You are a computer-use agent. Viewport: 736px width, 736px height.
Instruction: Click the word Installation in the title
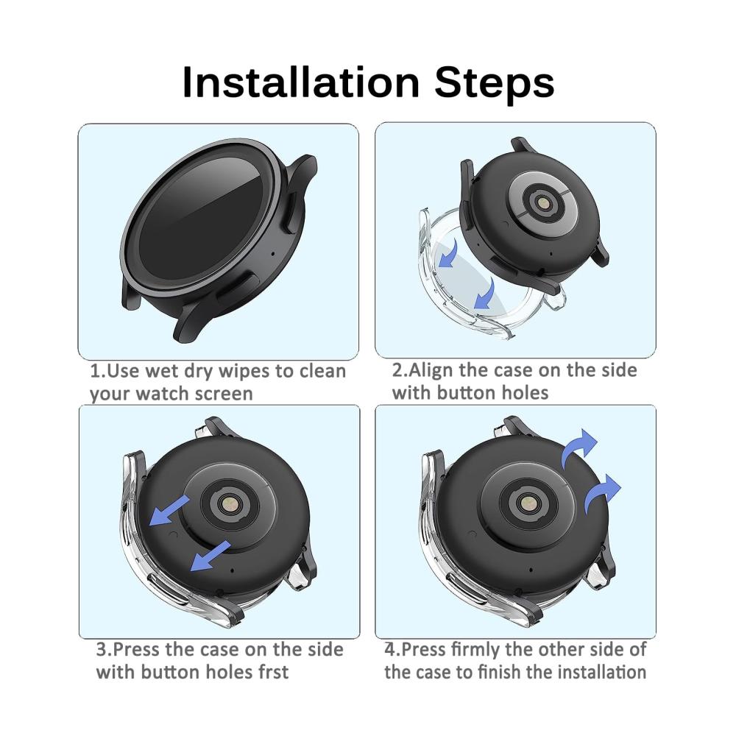click(x=300, y=82)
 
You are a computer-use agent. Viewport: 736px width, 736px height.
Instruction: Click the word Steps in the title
click(x=495, y=82)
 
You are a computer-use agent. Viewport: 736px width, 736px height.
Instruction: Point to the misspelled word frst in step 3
click(x=273, y=672)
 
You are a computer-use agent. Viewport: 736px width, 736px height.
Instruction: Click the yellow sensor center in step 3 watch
click(x=230, y=506)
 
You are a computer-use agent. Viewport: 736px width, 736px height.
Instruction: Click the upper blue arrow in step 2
click(x=448, y=253)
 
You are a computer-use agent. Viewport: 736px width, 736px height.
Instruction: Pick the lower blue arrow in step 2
click(x=484, y=294)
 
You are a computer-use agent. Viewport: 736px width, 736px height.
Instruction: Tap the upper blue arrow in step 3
click(x=169, y=511)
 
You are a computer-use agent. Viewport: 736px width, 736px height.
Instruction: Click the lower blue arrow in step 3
click(x=210, y=556)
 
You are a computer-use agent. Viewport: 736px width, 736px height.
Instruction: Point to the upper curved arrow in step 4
click(x=578, y=447)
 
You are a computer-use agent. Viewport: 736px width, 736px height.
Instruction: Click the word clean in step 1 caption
click(x=322, y=371)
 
